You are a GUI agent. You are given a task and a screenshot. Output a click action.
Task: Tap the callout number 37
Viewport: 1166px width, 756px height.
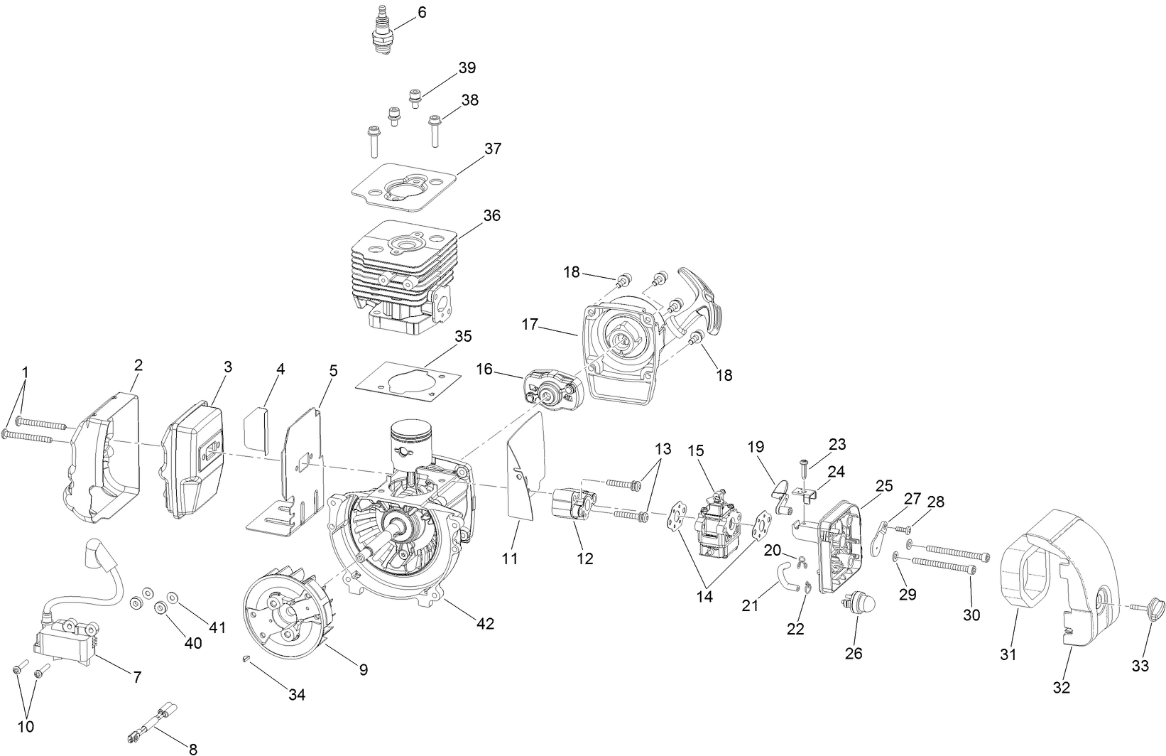(x=493, y=149)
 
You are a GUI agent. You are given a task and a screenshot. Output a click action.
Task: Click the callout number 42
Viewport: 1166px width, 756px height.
(x=486, y=624)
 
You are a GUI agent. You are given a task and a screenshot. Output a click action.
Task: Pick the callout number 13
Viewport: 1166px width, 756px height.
(x=662, y=449)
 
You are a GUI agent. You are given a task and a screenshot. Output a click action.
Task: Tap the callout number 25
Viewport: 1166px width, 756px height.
(x=883, y=487)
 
